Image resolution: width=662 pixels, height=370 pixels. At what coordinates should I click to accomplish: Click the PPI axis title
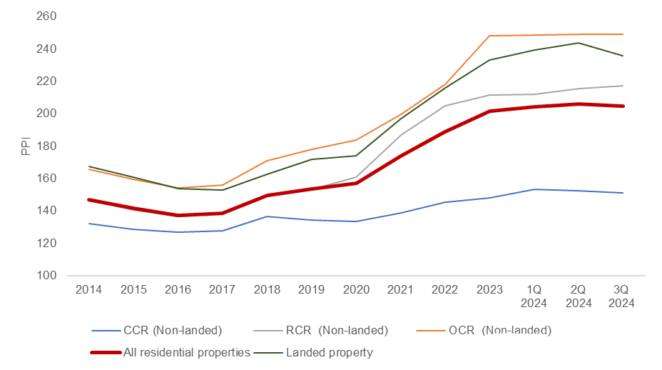(26, 146)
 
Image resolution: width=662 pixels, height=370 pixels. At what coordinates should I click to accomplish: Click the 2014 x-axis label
(88, 289)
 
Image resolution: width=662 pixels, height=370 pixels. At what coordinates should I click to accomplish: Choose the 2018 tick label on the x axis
(267, 289)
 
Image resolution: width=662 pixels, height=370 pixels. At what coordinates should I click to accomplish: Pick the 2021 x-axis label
(400, 289)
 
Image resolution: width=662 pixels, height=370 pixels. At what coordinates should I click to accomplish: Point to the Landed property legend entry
(329, 352)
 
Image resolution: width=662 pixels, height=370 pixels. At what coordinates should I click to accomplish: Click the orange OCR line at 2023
(489, 36)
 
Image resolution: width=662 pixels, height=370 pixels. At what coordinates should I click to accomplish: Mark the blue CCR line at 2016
(178, 232)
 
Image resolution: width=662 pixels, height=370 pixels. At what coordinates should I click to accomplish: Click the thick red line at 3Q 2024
(623, 106)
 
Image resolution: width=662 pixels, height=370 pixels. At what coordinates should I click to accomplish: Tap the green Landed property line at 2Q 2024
(579, 43)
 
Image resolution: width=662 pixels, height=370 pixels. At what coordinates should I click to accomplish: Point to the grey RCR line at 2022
(445, 106)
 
